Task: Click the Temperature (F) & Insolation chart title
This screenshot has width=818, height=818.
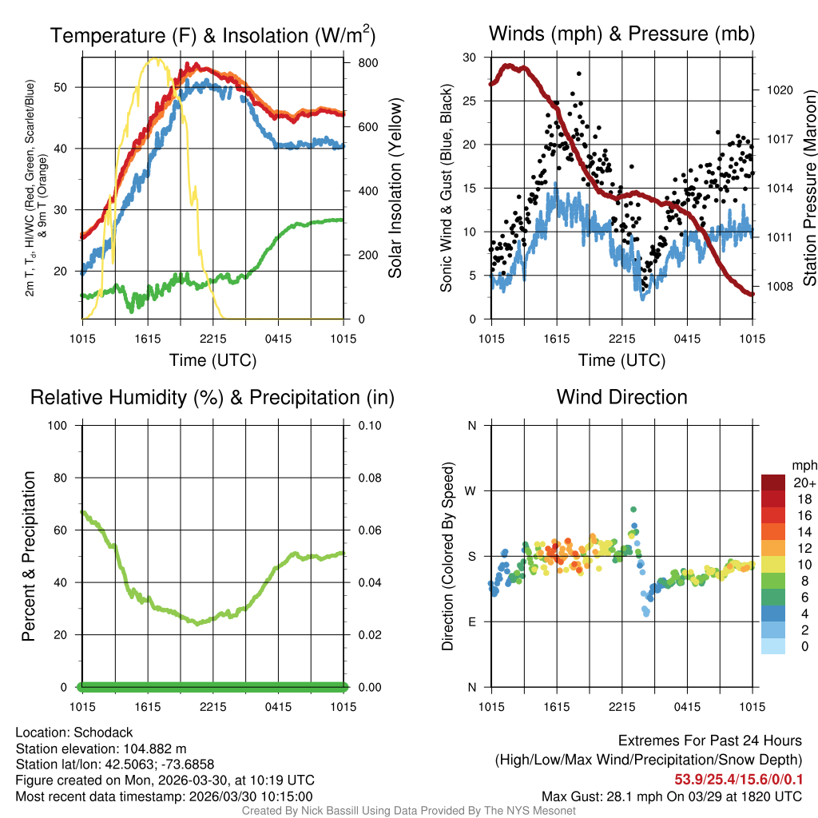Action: click(212, 35)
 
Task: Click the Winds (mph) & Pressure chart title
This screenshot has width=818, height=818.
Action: click(621, 34)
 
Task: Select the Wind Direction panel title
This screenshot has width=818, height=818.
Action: click(621, 397)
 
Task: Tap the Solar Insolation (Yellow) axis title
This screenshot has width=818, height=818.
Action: click(395, 189)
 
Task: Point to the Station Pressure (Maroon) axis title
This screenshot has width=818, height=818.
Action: click(809, 189)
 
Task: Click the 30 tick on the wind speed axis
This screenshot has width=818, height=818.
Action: click(471, 58)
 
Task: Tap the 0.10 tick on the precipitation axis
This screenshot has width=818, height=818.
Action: click(370, 425)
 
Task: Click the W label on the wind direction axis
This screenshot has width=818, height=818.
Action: click(471, 490)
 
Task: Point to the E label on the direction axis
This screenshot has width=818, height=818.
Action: click(471, 621)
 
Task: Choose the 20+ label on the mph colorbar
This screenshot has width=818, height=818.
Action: click(804, 483)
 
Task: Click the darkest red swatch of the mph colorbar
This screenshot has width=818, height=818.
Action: click(772, 482)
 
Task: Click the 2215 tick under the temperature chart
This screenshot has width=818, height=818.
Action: click(213, 339)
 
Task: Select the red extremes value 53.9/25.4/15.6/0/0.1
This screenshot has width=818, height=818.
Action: click(739, 779)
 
